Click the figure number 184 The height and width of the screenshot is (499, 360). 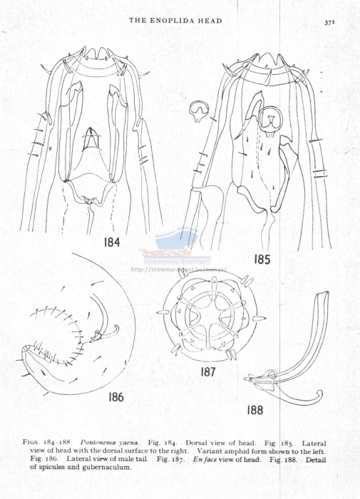[x=112, y=242]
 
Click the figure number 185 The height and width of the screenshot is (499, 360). [x=262, y=259]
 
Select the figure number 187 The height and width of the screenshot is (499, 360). [x=212, y=372]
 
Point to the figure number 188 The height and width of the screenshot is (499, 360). [x=255, y=410]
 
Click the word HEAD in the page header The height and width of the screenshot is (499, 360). [x=210, y=21]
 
